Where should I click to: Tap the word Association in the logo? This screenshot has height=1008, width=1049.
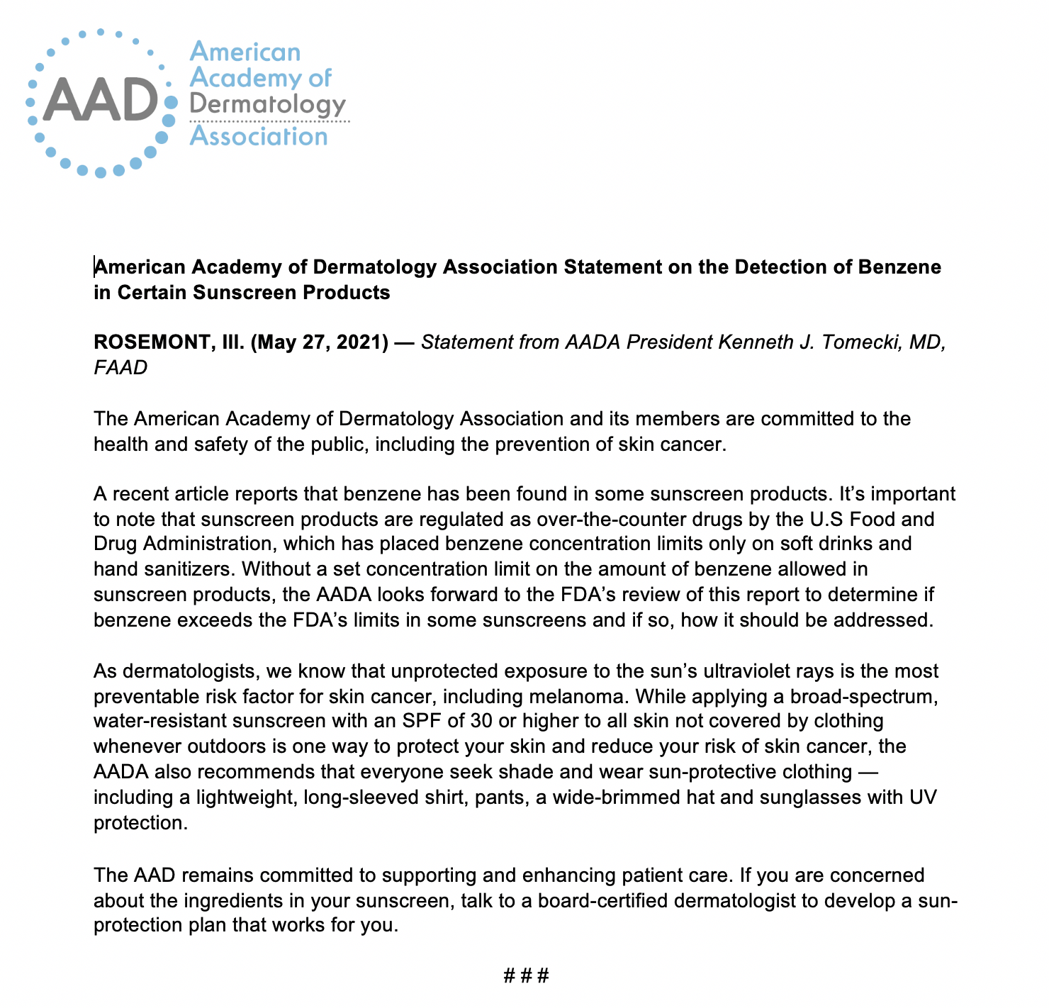259,136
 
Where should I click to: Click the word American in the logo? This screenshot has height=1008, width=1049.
245,52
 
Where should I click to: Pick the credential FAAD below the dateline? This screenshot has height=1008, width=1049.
120,368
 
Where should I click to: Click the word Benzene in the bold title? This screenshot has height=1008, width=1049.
899,267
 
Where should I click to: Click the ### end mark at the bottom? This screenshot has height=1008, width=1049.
526,976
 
